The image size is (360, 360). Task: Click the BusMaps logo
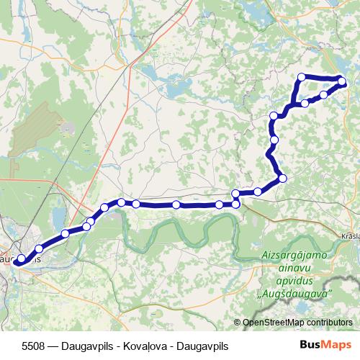[x=325, y=345]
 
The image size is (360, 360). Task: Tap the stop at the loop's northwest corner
[x=302, y=77]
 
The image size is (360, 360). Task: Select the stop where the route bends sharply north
[x=282, y=178]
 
